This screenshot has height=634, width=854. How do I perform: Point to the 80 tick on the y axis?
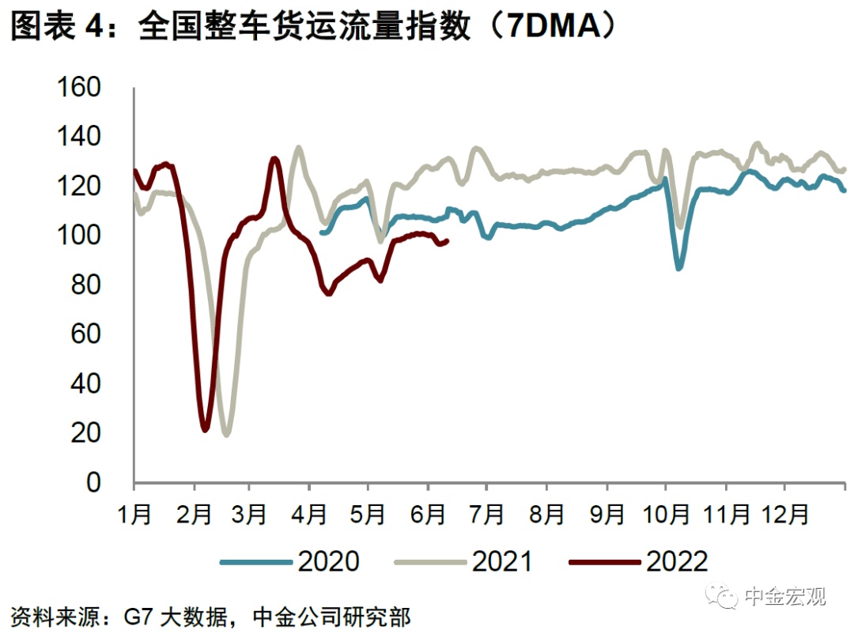[x=89, y=285]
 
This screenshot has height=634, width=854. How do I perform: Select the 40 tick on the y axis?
[x=89, y=383]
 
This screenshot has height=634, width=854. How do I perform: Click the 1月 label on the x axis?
[x=134, y=514]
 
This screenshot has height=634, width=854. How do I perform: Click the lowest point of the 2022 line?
[x=206, y=430]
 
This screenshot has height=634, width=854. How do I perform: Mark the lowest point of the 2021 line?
[x=227, y=435]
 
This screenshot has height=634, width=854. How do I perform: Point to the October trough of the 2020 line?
[x=678, y=269]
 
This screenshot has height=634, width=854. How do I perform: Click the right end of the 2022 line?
[x=448, y=241]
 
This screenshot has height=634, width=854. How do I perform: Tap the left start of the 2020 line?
[x=320, y=232]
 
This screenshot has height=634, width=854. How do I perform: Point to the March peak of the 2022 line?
[x=274, y=159]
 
